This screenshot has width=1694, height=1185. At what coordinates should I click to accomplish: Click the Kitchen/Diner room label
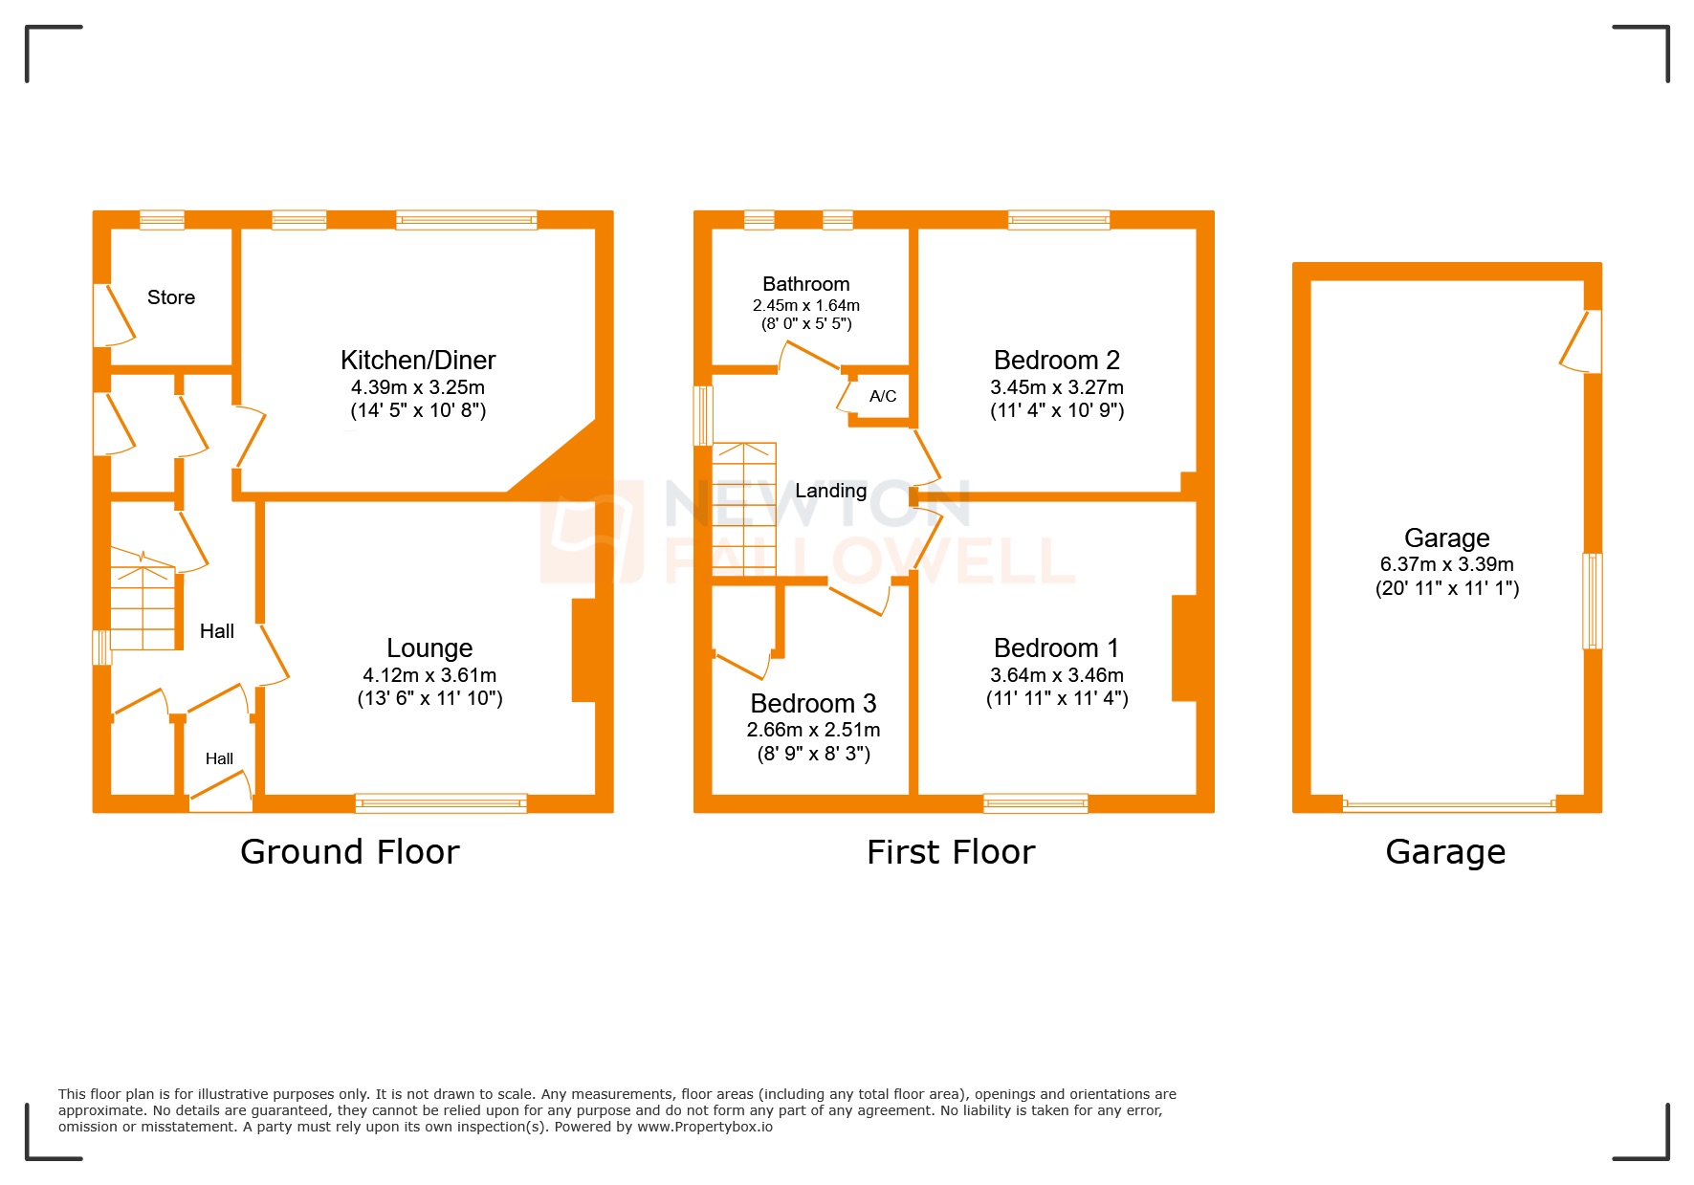coord(418,361)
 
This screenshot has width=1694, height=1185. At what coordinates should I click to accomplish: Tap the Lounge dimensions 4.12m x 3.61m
coord(429,675)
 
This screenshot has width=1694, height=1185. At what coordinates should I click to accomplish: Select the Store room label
coord(171,297)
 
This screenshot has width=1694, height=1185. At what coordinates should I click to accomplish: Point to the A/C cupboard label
coord(883,396)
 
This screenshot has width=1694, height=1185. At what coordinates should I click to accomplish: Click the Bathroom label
coord(805,284)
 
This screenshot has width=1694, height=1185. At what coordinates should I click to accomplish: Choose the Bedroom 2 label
coord(1056,361)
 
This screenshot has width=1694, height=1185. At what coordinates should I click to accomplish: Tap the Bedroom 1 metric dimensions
coord(1056,675)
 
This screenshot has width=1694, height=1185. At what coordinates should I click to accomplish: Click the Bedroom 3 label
coord(813,704)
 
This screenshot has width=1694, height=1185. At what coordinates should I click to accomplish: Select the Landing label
coord(830,491)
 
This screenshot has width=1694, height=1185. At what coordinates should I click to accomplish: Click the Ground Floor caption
coord(349,852)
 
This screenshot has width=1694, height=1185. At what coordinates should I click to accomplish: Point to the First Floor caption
coord(951,852)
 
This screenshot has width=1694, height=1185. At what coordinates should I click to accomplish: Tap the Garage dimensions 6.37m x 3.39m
coord(1446,564)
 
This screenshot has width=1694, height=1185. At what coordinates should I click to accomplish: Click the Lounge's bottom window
coord(441,803)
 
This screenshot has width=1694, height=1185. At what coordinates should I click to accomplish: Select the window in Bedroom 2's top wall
coord(1059,220)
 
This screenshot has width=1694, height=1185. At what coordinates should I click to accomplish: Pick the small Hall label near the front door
coord(219,758)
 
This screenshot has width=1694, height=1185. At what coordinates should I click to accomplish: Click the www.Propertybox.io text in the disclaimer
coord(705,1127)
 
